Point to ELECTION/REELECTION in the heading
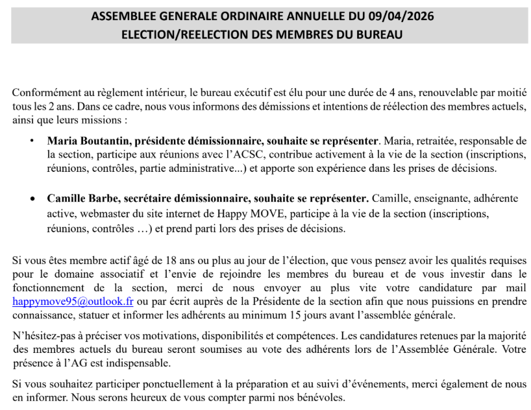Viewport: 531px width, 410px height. click(180, 34)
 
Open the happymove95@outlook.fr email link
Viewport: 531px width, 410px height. click(73, 302)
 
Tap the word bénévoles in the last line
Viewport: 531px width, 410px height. click(317, 397)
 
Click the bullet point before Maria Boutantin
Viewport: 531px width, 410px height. click(32, 140)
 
